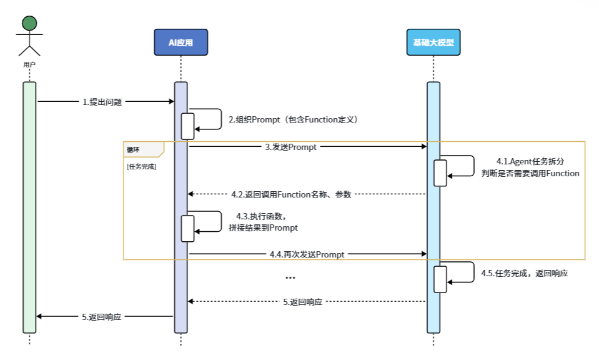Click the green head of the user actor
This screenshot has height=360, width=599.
(29, 24)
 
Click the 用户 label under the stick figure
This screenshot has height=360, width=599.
(29, 64)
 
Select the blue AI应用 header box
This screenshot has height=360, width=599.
(181, 42)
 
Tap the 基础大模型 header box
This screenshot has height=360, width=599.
(433, 42)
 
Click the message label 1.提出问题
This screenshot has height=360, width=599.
(102, 102)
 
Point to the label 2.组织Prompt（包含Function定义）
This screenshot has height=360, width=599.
(292, 119)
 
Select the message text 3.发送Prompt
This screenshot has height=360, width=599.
(290, 147)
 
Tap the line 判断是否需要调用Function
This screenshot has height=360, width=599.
(530, 173)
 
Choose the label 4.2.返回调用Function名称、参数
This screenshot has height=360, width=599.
(291, 194)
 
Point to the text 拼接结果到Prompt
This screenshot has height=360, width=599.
(263, 227)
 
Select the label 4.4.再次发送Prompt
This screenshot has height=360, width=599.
(307, 254)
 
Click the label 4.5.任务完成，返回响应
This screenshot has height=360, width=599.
(524, 274)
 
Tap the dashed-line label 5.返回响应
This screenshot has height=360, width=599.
(302, 302)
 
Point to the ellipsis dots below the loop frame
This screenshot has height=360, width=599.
(290, 277)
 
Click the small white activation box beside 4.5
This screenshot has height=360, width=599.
(440, 279)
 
